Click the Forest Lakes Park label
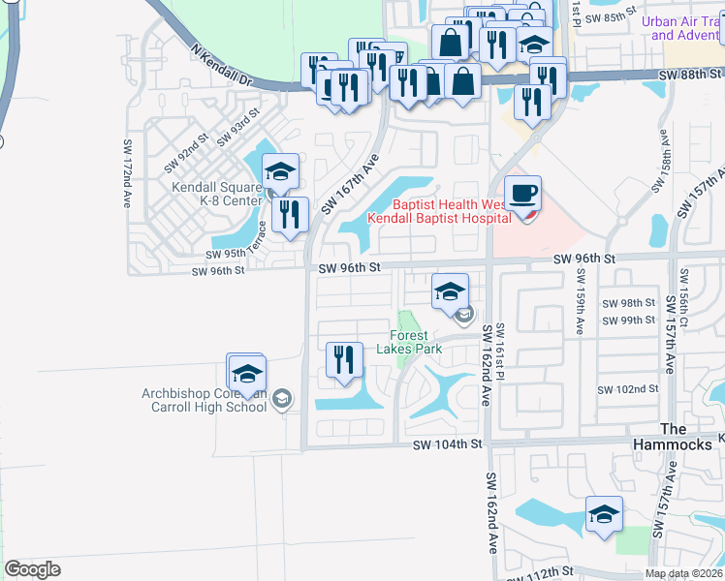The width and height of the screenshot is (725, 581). [416, 342]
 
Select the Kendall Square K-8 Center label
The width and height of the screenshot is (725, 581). [217, 194]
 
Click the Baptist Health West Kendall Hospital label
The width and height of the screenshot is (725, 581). [439, 211]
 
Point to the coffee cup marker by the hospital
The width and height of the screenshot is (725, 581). [522, 192]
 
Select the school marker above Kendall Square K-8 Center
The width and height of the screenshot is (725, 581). [280, 171]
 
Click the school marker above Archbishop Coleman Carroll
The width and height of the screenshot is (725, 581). [246, 373]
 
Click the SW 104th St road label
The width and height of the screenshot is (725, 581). [447, 444]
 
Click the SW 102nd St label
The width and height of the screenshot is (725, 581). [629, 388]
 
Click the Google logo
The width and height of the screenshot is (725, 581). [33, 569]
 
